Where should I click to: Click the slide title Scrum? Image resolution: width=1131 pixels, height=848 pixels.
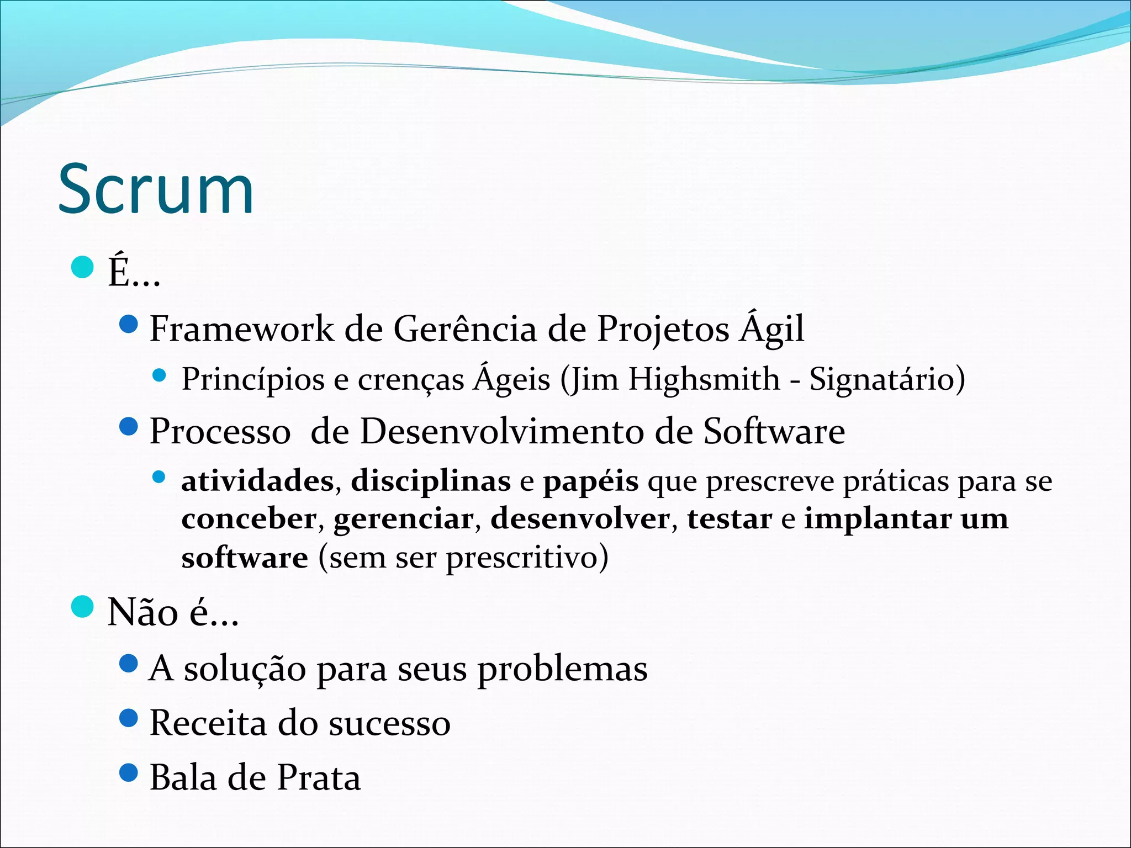click(x=156, y=189)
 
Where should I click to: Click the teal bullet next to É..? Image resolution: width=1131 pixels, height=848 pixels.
click(x=83, y=268)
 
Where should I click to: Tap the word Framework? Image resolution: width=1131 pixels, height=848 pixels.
click(x=241, y=329)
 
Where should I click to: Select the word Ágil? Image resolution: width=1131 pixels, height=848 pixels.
click(x=772, y=329)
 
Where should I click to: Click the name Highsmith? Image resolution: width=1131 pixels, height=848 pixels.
click(x=704, y=380)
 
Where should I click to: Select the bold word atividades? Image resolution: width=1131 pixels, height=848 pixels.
click(x=257, y=481)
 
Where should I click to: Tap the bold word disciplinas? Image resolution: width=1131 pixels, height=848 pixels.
click(x=431, y=481)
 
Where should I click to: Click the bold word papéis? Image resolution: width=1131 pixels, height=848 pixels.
click(x=591, y=481)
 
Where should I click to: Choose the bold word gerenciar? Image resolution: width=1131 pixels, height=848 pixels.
click(x=403, y=520)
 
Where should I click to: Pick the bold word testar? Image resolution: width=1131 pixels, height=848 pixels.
click(x=729, y=520)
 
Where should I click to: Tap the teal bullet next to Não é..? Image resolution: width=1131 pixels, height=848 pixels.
click(x=83, y=607)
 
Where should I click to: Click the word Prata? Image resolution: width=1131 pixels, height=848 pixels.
click(x=319, y=778)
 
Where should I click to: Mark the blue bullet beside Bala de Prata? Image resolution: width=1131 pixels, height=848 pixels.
click(x=128, y=772)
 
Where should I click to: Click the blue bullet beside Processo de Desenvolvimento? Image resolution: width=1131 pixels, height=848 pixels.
click(x=128, y=426)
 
